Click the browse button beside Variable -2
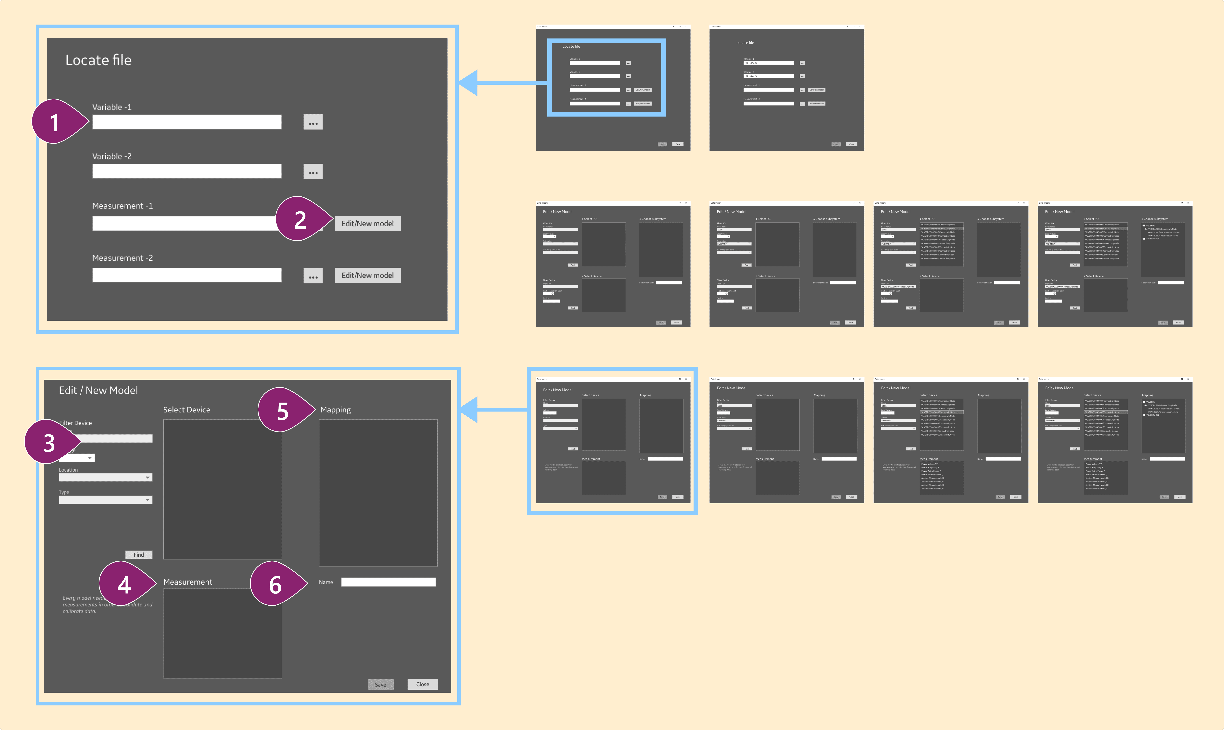point(313,172)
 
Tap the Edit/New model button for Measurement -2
point(367,275)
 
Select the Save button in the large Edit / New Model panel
point(381,684)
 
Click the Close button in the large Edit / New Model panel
point(422,684)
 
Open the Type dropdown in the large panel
point(106,500)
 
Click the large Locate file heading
point(98,60)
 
